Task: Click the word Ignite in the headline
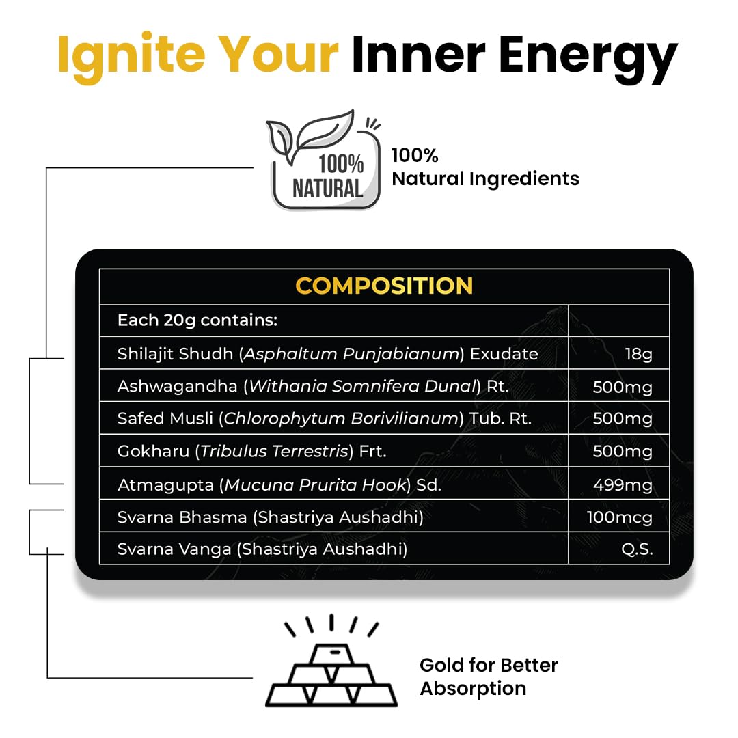tap(131, 57)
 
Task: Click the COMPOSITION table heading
tap(384, 286)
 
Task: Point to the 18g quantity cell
tap(638, 353)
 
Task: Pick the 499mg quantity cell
tap(623, 484)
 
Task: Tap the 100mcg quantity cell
tap(619, 517)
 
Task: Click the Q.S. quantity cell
tap(637, 549)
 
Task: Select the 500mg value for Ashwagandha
tap(623, 387)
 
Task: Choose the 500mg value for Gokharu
tap(623, 452)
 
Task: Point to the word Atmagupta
tap(165, 484)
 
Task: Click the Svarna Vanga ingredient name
tap(174, 549)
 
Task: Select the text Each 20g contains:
tap(197, 320)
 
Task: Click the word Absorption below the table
tap(473, 689)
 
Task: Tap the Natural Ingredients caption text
tap(485, 179)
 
